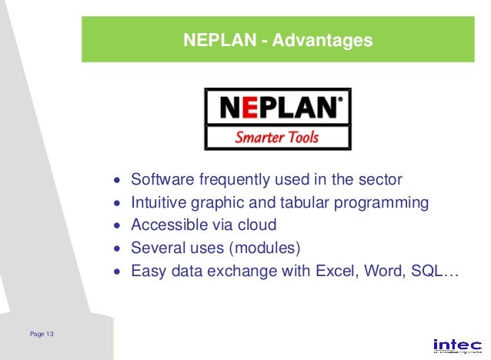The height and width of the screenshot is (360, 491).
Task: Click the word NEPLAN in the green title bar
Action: (x=218, y=39)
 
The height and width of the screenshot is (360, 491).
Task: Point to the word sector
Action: (x=380, y=180)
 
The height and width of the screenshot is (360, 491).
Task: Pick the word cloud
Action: (x=256, y=225)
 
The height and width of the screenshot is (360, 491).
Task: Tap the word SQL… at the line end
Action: (x=436, y=271)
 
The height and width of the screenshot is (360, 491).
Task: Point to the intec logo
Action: (x=457, y=345)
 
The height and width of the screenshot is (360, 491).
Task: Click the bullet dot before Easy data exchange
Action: (x=117, y=272)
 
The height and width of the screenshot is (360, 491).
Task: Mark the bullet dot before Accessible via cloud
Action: (x=117, y=226)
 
